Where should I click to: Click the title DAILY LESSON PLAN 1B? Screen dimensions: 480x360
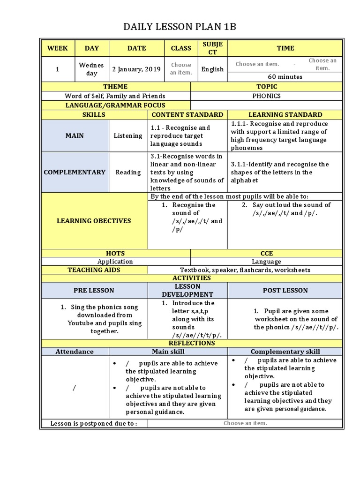click(180, 27)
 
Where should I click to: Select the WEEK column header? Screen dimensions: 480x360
click(58, 48)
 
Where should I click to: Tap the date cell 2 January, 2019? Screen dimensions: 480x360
click(136, 69)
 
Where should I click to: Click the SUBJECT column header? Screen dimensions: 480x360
click(213, 48)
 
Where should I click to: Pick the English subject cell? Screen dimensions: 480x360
click(213, 69)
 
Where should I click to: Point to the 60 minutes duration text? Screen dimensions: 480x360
click(285, 77)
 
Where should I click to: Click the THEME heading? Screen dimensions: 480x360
click(115, 87)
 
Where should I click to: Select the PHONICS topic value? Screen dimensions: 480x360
click(266, 96)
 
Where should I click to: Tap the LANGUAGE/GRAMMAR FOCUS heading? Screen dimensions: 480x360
click(115, 105)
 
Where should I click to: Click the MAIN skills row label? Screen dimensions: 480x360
click(75, 136)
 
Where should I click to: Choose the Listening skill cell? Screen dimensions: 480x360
click(128, 136)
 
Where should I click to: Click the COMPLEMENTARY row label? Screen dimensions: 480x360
click(75, 172)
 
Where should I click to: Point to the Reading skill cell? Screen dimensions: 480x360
click(128, 172)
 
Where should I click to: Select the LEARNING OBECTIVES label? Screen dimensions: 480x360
click(94, 221)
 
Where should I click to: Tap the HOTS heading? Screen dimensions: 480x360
click(115, 253)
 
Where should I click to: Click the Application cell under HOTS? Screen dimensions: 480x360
click(115, 262)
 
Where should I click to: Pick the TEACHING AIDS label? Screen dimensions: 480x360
click(94, 270)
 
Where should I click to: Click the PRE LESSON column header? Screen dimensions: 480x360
click(94, 291)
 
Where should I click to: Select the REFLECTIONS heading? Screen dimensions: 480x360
click(191, 343)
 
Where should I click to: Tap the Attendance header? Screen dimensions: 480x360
click(75, 352)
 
